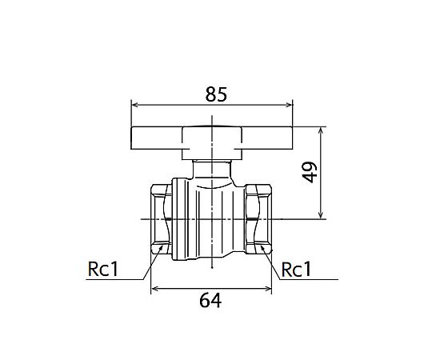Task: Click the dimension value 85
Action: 216,94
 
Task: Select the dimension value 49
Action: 310,173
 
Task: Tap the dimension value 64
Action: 210,301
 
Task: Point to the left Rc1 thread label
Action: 103,269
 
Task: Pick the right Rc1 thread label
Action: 297,270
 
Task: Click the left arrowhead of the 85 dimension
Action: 134,105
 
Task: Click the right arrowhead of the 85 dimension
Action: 290,105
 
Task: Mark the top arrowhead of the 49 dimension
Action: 321,130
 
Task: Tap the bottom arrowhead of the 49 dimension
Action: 321,215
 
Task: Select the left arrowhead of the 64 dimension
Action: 154,289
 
